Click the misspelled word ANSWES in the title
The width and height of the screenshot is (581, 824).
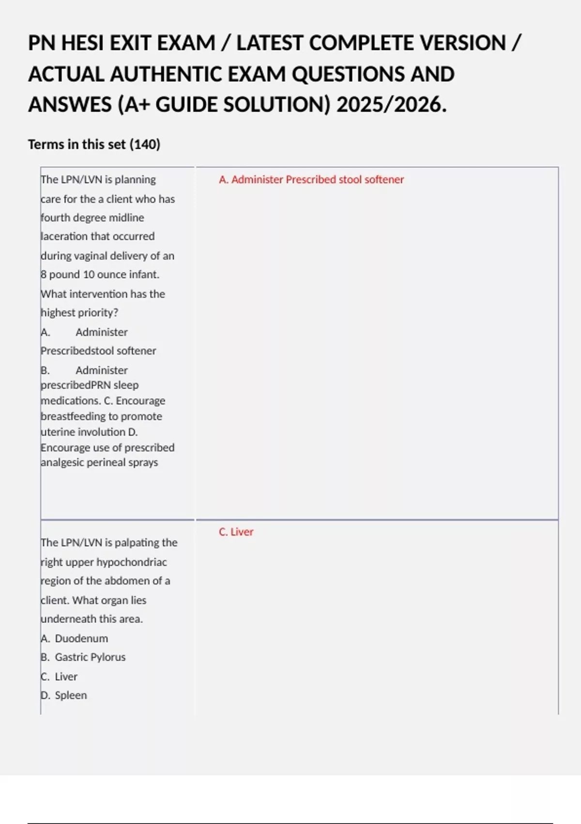[70, 105]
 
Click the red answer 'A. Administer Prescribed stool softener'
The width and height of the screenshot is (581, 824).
[311, 180]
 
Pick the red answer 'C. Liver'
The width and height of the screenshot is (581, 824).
[236, 532]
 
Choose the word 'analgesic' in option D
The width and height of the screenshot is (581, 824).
[62, 462]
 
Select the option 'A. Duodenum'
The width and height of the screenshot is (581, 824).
[75, 639]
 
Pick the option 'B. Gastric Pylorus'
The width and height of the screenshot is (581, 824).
[83, 657]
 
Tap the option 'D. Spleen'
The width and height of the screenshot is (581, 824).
[64, 696]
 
